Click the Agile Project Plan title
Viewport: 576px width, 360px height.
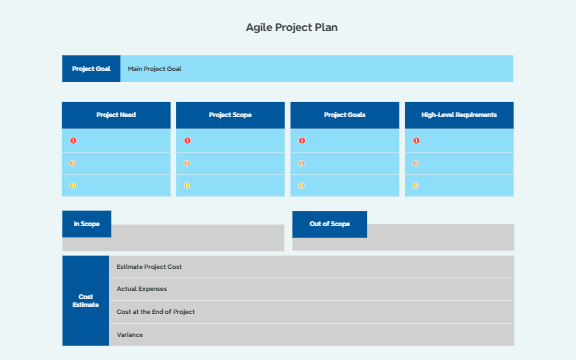(291, 27)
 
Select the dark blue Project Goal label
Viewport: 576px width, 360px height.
(91, 69)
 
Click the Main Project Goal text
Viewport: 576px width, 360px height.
(155, 69)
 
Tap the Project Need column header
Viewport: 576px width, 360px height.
(116, 115)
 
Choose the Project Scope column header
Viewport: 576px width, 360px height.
(230, 115)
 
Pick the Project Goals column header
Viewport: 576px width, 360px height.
(345, 115)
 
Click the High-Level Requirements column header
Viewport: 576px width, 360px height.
(459, 115)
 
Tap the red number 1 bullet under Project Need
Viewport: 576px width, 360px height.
(73, 141)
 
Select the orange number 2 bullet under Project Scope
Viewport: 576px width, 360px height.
(187, 163)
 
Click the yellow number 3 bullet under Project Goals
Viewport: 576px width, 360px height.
(302, 185)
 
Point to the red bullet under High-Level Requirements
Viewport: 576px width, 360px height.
(416, 141)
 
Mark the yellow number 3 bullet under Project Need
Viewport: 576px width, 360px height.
(73, 185)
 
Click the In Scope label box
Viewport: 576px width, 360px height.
(87, 224)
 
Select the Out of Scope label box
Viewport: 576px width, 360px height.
(330, 224)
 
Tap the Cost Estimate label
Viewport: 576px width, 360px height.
(86, 300)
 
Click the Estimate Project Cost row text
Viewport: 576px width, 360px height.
(149, 267)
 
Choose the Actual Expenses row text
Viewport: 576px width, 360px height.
(142, 289)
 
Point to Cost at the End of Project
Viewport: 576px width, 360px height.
(155, 312)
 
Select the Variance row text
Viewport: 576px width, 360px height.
(130, 334)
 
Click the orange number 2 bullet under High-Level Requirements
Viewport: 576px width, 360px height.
(416, 163)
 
